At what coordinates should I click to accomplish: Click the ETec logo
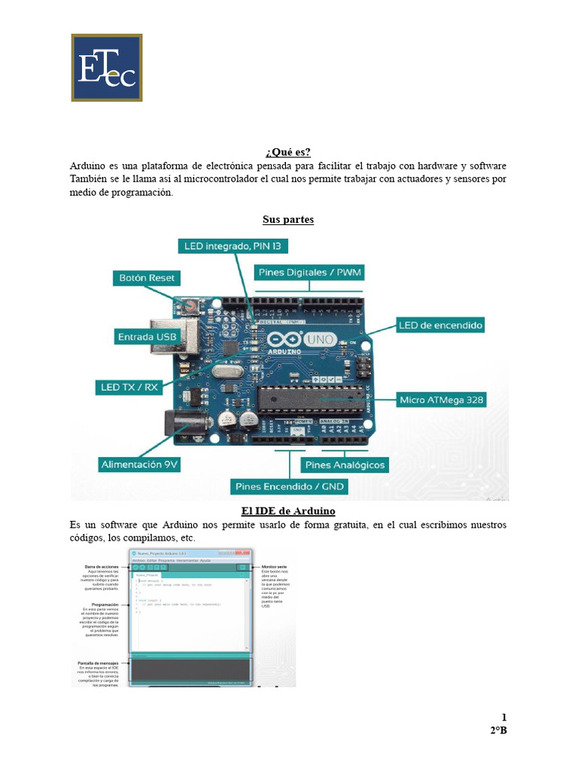pos(107,67)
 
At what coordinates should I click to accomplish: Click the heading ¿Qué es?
pos(288,152)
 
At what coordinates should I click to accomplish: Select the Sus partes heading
pos(288,220)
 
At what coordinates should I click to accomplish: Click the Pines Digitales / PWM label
pos(309,272)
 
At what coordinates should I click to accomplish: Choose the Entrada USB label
pos(147,337)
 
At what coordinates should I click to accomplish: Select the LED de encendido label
pos(441,325)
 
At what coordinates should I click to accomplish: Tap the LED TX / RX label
pos(130,387)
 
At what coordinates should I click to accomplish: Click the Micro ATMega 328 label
pos(441,400)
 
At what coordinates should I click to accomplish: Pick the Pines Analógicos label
pos(345,465)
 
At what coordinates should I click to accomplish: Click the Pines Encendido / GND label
pos(290,486)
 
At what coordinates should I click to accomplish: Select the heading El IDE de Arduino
pos(288,511)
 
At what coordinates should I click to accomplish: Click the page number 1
pos(504,717)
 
